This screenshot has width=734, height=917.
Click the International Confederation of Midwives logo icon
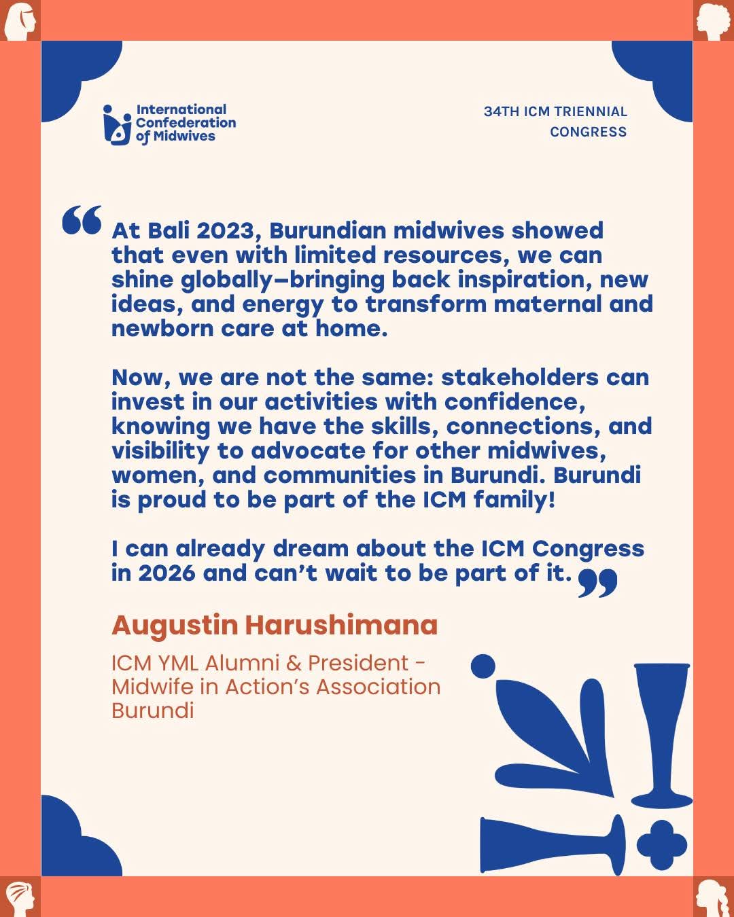116,124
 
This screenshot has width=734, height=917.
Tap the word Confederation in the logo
186,122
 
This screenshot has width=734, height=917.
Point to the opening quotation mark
82,219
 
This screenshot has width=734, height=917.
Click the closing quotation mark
597,583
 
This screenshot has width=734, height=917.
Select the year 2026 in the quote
167,573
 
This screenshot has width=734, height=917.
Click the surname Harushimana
341,624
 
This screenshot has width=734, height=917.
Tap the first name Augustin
175,624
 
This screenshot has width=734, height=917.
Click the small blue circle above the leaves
483,666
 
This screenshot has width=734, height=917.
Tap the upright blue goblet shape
661,734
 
